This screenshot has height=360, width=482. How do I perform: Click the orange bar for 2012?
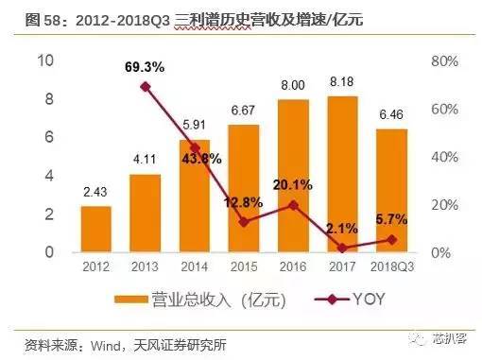coord(95,229)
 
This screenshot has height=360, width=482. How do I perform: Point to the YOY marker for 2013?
coord(146,86)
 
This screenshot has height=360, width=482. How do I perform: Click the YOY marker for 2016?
coord(294,204)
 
